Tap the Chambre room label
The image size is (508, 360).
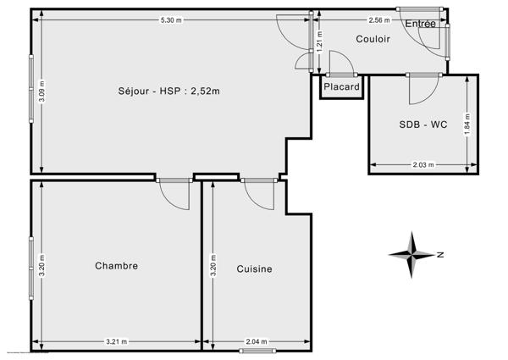(x=116, y=266)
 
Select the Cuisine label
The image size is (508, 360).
(x=254, y=269)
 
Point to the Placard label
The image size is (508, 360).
(x=341, y=87)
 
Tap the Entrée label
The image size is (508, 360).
(x=420, y=24)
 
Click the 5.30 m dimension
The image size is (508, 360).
(x=173, y=19)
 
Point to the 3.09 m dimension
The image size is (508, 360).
(x=41, y=91)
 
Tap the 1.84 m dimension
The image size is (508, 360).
(x=467, y=125)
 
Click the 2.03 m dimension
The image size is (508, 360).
(x=421, y=165)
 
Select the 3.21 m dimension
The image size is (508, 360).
(x=116, y=341)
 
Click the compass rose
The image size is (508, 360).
(x=412, y=253)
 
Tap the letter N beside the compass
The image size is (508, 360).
(x=441, y=253)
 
